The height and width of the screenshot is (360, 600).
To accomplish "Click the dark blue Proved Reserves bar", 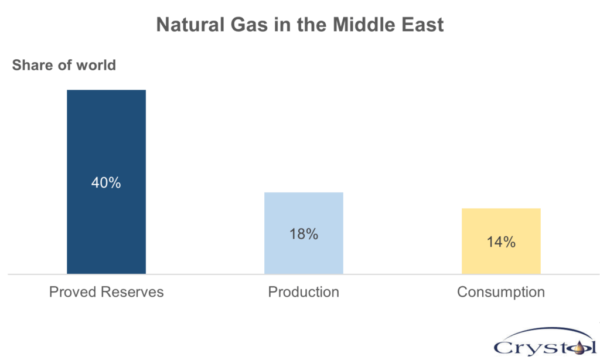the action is tap(107, 182).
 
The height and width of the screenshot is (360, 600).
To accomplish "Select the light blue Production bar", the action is tap(304, 233).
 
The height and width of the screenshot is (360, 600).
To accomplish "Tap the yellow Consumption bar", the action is tap(502, 242).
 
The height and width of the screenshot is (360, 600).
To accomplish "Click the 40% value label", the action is tap(106, 183).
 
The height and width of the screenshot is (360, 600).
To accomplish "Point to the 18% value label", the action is tap(304, 234).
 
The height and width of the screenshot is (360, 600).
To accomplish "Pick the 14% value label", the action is tap(502, 242).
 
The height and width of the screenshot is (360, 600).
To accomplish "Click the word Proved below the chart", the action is tap(73, 292).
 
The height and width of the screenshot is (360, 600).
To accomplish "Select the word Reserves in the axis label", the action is tap(132, 292).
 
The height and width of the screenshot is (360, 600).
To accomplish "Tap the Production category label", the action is tap(304, 292).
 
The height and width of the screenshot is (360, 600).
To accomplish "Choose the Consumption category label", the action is tap(501, 292).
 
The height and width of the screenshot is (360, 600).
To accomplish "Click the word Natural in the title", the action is tap(190, 25).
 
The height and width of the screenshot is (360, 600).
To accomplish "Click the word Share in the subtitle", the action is tap(32, 65).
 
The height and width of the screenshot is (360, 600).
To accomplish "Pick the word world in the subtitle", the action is tap(96, 65).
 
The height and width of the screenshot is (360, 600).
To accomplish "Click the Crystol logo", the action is tap(545, 341).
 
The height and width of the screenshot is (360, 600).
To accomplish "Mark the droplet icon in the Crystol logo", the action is tap(580, 348).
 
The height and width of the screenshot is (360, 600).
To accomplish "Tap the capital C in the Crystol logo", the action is tap(503, 348).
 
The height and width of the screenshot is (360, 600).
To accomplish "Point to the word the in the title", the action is tap(312, 25).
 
